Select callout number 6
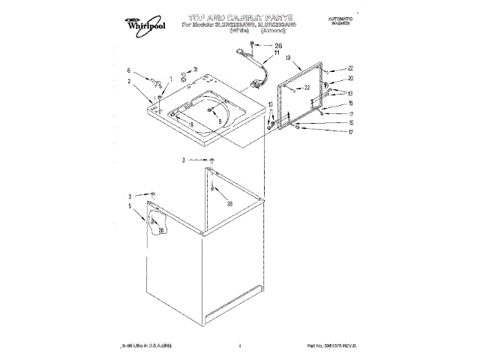click(x=128, y=70)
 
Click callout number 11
click(x=255, y=55)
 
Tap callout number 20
click(x=349, y=78)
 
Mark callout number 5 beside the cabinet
click(x=128, y=205)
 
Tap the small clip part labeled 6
click(x=154, y=76)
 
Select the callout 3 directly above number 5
click(x=128, y=196)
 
